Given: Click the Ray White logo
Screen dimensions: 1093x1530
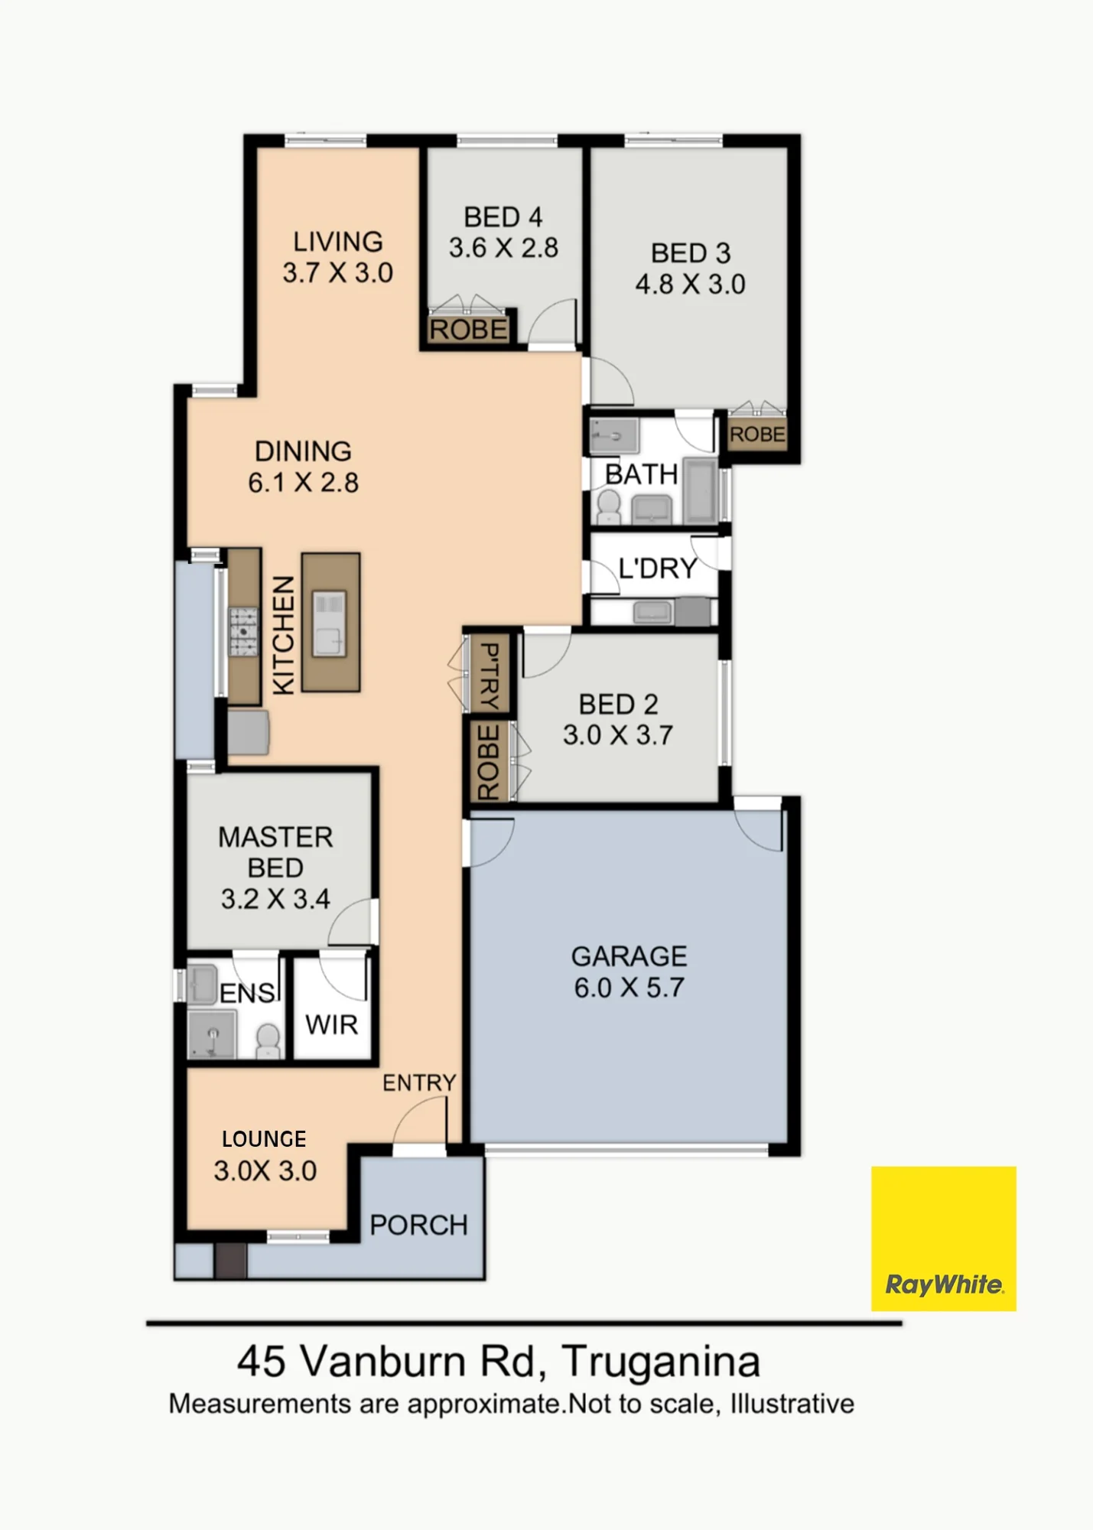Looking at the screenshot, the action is coord(943,1238).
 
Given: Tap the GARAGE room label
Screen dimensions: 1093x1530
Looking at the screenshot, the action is coord(629,956).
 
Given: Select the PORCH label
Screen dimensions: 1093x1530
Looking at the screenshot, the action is coord(418,1225).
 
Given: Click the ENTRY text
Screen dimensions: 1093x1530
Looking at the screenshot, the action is coord(419,1082).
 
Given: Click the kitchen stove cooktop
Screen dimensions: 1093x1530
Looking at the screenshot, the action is coord(244,632).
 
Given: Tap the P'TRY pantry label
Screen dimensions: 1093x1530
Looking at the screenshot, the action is coord(489,676).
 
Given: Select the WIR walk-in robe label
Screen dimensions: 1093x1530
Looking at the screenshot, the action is coord(331,1024).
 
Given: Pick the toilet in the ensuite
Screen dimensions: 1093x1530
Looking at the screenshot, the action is coord(268,1040).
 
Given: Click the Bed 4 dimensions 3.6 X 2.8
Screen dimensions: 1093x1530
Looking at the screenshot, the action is coord(503,248).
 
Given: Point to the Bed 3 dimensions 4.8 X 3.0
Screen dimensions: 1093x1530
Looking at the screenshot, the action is coord(690,284).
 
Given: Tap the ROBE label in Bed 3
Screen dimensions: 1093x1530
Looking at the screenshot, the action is coord(757,435).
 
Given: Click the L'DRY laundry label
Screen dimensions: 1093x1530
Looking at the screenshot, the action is coord(658,568).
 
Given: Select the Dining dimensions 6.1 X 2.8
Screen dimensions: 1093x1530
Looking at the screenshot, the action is coord(303,483).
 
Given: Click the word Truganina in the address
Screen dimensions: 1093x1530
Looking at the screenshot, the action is coord(661,1361).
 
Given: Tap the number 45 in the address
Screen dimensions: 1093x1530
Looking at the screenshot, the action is coord(262,1361).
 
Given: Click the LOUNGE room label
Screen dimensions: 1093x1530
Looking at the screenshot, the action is coord(264,1139).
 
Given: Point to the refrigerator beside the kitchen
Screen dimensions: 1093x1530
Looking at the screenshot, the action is coord(248,733).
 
